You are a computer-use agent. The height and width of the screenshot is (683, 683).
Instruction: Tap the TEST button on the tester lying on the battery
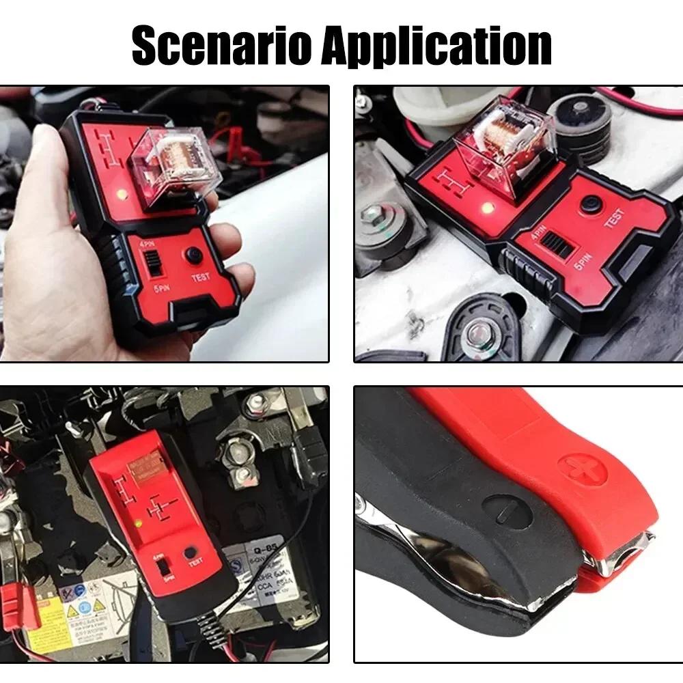click(x=192, y=553)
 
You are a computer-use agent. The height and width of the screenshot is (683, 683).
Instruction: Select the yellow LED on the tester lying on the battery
click(x=138, y=525)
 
